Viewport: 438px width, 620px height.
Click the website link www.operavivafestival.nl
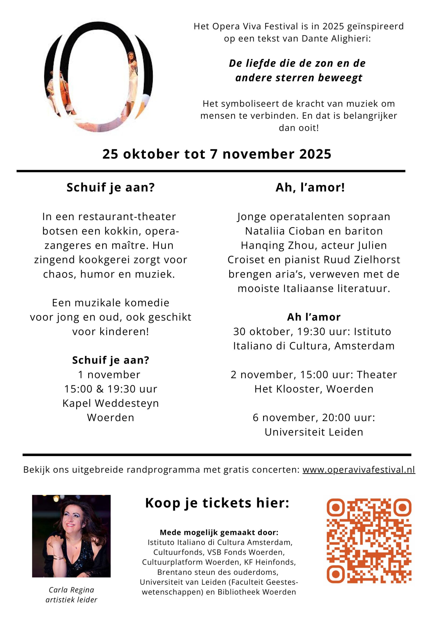(359, 470)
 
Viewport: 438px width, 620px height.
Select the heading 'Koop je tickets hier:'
(217, 503)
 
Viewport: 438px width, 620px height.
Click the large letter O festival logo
(98, 77)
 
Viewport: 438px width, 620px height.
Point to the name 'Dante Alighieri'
(336, 39)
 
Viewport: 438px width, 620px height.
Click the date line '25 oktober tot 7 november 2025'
(217, 154)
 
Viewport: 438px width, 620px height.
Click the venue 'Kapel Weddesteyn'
(111, 403)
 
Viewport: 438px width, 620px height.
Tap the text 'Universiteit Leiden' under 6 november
(314, 432)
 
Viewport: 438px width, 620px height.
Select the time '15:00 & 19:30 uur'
(111, 389)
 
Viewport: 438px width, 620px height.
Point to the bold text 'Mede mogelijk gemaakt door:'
(219, 533)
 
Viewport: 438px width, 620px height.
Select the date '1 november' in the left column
(109, 374)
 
